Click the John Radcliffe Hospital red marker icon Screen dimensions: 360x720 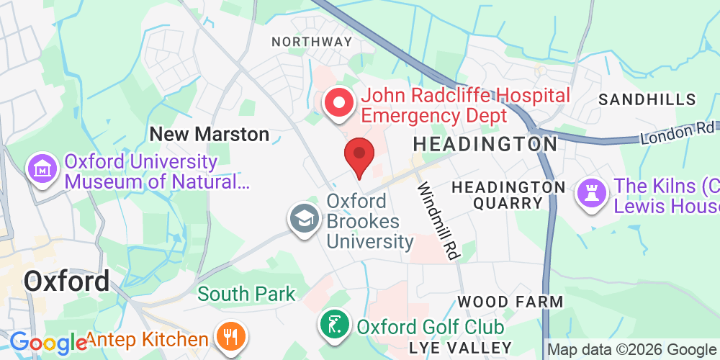pos(338,103)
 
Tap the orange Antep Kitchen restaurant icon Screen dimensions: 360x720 pos(231,337)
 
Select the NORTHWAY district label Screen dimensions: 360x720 pos(312,42)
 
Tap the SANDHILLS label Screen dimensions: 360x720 pos(647,99)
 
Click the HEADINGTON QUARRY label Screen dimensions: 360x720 pos(508,195)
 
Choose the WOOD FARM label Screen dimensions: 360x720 pos(510,301)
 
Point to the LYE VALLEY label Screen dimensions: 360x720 pos(460,347)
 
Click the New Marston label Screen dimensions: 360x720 pos(209,134)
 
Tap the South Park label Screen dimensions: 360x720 pos(246,294)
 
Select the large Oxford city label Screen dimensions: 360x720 pos(67,281)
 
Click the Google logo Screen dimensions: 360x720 pos(48,342)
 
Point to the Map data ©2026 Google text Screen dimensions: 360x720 pos(632,350)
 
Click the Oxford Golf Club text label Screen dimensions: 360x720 pos(430,326)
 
